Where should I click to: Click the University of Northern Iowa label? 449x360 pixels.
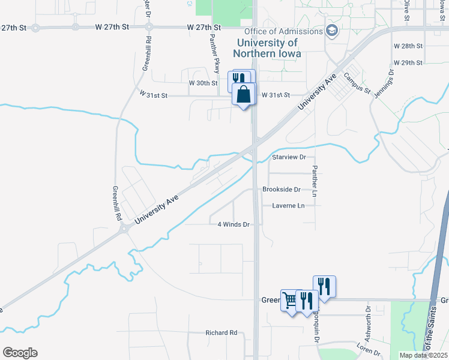coord(267,48)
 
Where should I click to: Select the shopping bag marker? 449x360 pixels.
coord(244,95)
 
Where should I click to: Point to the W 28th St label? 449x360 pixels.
coord(408,46)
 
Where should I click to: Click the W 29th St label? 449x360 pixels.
coord(408,62)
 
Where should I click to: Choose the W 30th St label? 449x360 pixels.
coord(203,83)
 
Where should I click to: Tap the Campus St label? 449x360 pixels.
coord(357,83)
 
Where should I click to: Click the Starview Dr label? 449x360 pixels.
coord(289,157)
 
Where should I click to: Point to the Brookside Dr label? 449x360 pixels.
coord(281,189)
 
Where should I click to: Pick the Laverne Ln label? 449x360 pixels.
coord(288,206)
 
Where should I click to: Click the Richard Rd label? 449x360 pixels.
coord(221,332)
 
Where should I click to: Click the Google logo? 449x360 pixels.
coord(20,353)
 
